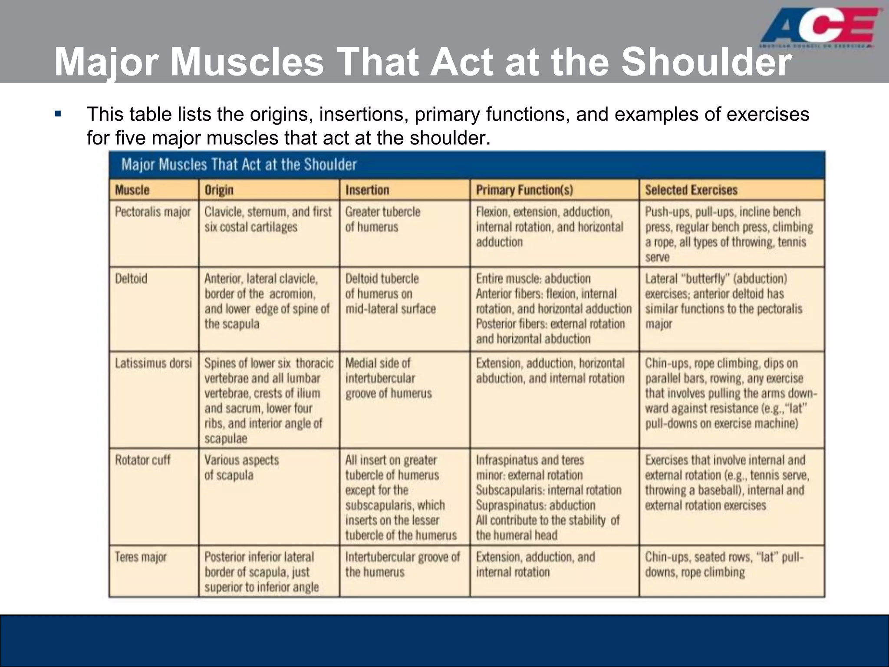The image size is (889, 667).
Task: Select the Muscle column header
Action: [x=132, y=190]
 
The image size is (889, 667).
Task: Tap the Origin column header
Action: [x=219, y=190]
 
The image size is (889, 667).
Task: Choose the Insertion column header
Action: [x=367, y=190]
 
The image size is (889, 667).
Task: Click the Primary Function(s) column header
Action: [x=524, y=190]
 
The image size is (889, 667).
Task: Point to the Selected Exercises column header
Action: [x=691, y=190]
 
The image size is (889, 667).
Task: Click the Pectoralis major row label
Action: [x=153, y=212]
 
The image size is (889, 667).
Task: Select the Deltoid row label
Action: [x=131, y=278]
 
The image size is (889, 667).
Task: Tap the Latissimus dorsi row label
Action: [x=153, y=363]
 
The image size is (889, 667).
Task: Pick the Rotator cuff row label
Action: [x=143, y=460]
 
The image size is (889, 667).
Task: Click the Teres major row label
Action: [x=141, y=557]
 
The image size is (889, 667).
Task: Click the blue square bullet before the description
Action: [x=58, y=114]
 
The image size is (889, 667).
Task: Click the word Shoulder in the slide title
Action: [x=707, y=62]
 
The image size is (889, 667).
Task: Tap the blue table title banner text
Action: [x=239, y=165]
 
